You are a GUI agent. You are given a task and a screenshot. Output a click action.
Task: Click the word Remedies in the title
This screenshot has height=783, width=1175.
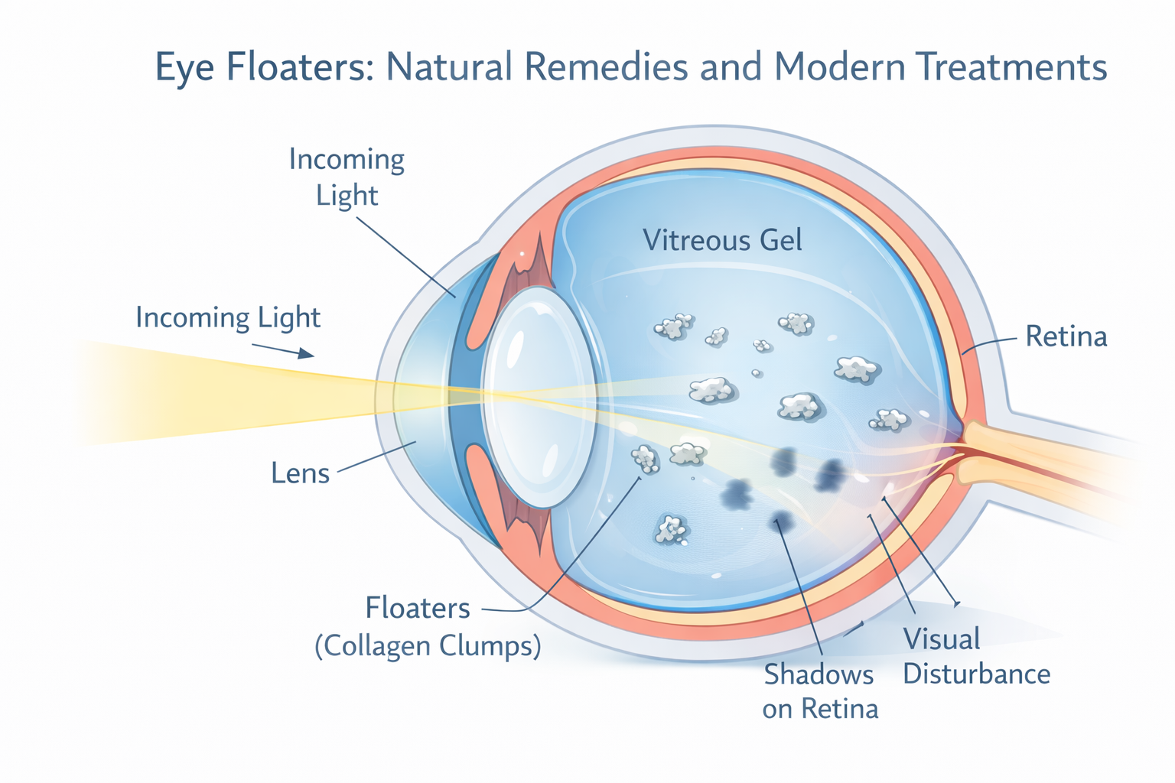[x=606, y=67]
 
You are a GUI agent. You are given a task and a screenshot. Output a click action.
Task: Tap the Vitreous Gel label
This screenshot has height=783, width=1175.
[x=722, y=240]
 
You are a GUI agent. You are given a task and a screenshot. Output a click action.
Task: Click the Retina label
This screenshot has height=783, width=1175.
[x=1066, y=336]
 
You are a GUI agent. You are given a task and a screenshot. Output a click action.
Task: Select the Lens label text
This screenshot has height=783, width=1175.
[x=300, y=473]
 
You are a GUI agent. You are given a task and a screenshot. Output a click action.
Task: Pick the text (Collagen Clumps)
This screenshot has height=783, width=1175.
[x=428, y=646]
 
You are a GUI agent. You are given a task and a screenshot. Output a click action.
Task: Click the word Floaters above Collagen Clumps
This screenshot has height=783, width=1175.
[x=418, y=608]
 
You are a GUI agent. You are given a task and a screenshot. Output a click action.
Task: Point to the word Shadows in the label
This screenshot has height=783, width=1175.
[x=819, y=674]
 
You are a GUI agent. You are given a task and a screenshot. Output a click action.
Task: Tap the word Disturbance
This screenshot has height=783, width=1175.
[x=976, y=674]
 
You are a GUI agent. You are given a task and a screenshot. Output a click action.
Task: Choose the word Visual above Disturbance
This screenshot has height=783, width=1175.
[x=941, y=638]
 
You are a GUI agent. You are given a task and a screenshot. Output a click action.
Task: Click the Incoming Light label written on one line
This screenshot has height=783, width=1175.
[x=228, y=317]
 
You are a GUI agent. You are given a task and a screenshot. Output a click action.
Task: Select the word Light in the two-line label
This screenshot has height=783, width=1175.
[x=347, y=196]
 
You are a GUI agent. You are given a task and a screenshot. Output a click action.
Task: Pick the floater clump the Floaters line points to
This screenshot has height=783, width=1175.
[x=645, y=460]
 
